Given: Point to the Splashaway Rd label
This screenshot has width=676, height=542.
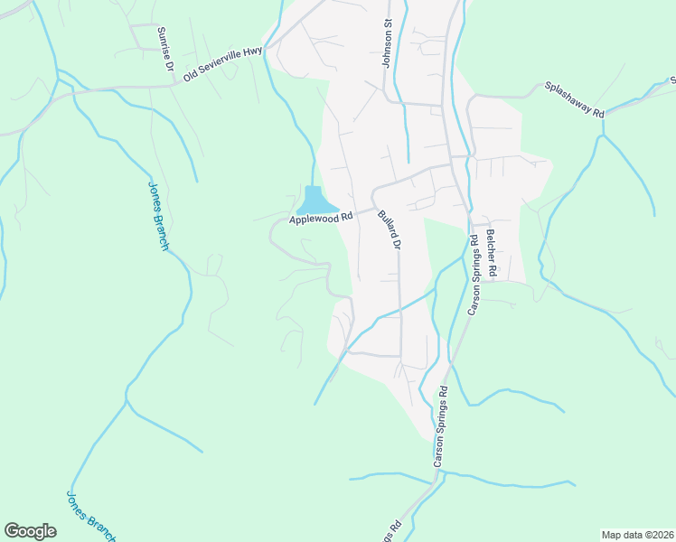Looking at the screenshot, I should (x=573, y=98).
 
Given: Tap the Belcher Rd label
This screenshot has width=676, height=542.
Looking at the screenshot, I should (x=491, y=252).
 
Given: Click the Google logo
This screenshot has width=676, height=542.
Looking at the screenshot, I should (x=30, y=531).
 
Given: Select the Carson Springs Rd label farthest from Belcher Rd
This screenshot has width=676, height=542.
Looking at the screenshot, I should (x=440, y=427).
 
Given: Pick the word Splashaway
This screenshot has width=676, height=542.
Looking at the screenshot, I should (x=567, y=95).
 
